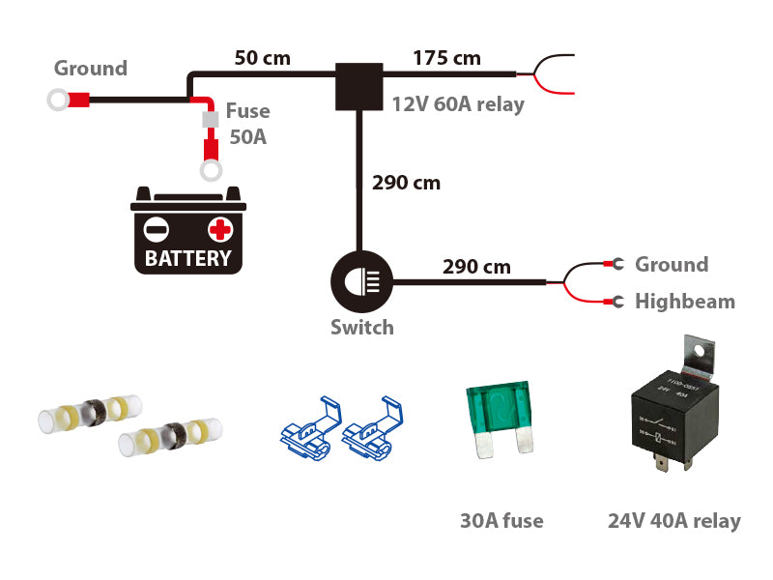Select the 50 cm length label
tap(262, 57)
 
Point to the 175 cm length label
tap(446, 57)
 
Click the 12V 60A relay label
tap(458, 104)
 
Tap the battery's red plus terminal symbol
tap(220, 229)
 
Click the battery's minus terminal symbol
tap(156, 229)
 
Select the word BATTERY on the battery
tap(188, 258)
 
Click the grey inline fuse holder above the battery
tap(209, 119)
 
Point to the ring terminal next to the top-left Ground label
tap(57, 99)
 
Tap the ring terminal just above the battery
tap(209, 172)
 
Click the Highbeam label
tap(684, 302)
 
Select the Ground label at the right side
tap(671, 264)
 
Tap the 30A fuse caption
tap(501, 521)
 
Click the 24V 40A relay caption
tap(673, 521)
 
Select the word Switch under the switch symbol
tap(362, 327)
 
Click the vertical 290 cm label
tap(406, 182)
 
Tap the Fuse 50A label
tap(246, 124)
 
